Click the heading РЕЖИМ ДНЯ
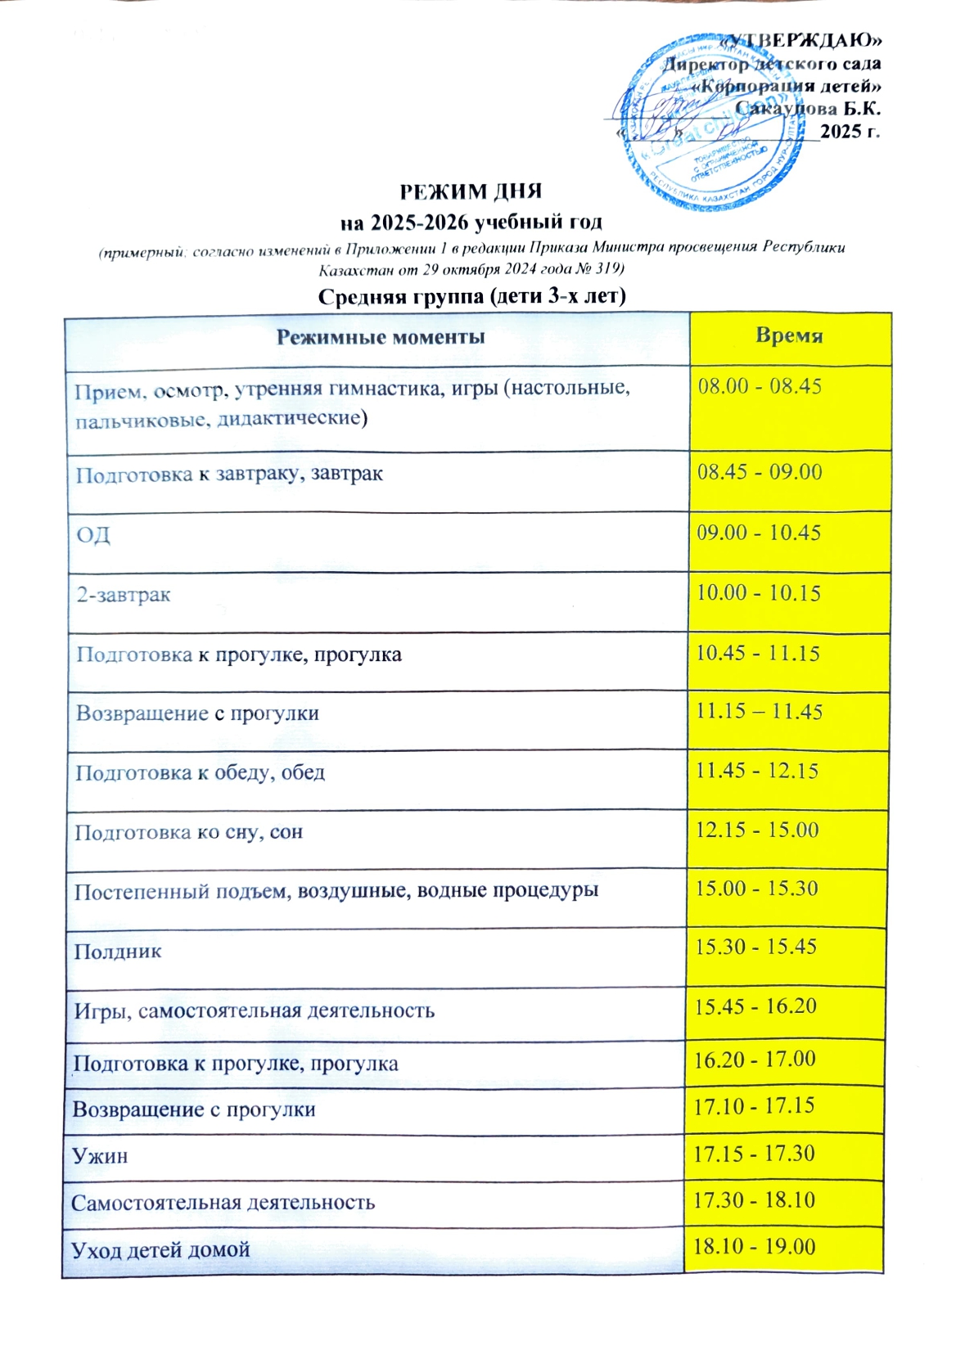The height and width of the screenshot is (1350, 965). pos(471,191)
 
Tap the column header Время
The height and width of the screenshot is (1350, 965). pos(789,335)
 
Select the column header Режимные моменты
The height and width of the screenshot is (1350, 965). pos(380,337)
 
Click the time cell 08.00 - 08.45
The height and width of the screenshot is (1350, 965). pos(760,386)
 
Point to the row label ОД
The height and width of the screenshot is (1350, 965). pos(93,535)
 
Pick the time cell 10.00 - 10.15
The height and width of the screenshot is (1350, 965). pos(758,592)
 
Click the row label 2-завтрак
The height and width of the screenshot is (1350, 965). pos(124,594)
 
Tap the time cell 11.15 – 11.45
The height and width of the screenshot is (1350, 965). pos(759,711)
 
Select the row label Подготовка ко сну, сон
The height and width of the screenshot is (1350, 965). pos(189,833)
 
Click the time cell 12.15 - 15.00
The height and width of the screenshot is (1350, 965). pos(757,830)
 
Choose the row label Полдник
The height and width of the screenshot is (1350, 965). pos(118,952)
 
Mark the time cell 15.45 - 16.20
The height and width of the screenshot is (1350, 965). pos(755,1006)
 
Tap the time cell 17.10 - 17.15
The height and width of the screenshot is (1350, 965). pos(754,1106)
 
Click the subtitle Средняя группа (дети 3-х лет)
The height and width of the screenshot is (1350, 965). pos(471,295)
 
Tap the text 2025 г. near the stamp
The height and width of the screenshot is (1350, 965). pos(850,131)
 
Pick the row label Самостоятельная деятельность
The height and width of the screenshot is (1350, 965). pos(223,1203)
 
